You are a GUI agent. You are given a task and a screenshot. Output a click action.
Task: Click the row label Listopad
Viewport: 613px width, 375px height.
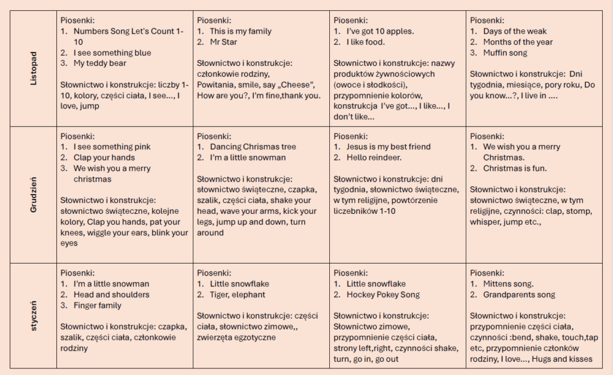[x=34, y=69]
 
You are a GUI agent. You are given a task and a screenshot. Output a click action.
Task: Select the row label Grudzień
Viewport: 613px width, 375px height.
[x=34, y=195]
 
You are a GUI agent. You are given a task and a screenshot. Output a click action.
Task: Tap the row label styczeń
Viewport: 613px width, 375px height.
[x=34, y=315]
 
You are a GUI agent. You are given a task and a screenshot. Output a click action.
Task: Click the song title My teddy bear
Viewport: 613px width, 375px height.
[x=100, y=63]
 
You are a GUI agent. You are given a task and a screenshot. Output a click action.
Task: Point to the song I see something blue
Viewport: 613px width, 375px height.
[x=113, y=53]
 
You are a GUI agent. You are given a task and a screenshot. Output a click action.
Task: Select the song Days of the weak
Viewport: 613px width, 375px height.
[x=515, y=31]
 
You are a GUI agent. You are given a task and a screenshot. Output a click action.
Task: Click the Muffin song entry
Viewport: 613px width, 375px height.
[x=505, y=53]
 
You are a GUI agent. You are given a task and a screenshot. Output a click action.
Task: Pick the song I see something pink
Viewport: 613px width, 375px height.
[x=112, y=147]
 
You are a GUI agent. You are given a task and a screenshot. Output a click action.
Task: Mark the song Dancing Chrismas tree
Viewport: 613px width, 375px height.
[x=253, y=147]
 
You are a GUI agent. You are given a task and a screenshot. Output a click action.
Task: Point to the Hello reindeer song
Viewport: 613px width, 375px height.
[x=374, y=158]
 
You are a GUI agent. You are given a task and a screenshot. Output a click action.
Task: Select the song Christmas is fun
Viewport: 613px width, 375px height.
[x=515, y=168]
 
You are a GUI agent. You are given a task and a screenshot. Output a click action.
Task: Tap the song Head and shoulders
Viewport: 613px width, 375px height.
[x=111, y=295]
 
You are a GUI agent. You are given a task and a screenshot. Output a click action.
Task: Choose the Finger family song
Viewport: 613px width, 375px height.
[x=98, y=306]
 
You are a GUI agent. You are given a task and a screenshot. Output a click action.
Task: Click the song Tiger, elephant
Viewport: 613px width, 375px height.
[x=238, y=295]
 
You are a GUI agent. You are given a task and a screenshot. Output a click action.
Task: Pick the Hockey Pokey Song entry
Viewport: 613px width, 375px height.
[x=383, y=295]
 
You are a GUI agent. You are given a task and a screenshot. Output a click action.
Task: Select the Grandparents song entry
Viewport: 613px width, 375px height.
[x=519, y=295]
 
